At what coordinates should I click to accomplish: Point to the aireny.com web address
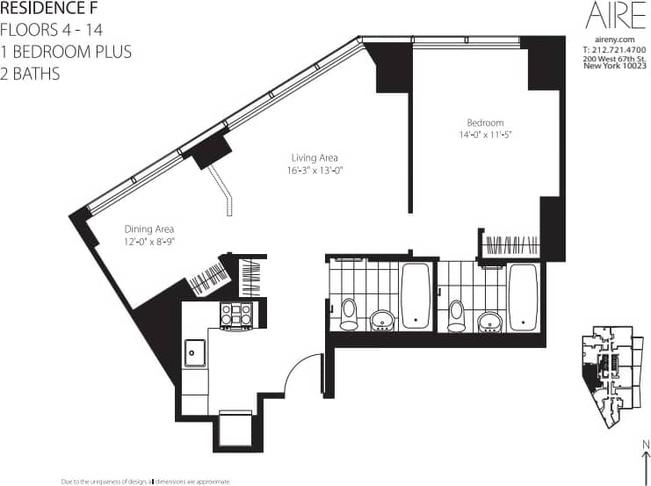[x=614, y=40]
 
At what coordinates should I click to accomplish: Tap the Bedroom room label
[x=484, y=122]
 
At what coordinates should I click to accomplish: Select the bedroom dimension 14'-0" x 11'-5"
[x=484, y=134]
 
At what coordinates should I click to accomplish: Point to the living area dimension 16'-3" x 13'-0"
[x=314, y=170]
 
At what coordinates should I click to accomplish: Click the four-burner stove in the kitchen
[x=236, y=315]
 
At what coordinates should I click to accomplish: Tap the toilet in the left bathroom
[x=349, y=313]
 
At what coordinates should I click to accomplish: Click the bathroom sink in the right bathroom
[x=490, y=320]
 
